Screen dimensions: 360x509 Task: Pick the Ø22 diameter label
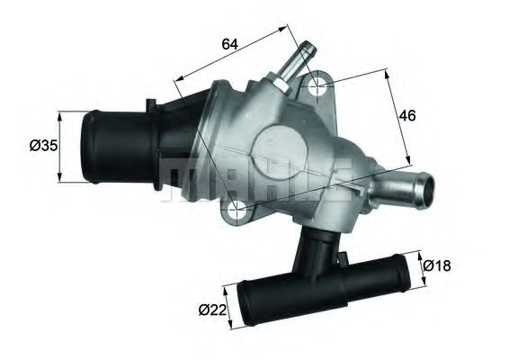pos(210,310)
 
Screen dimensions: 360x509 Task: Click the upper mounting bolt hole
pos(317,87)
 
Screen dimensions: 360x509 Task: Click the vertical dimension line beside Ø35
pos(59,146)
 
